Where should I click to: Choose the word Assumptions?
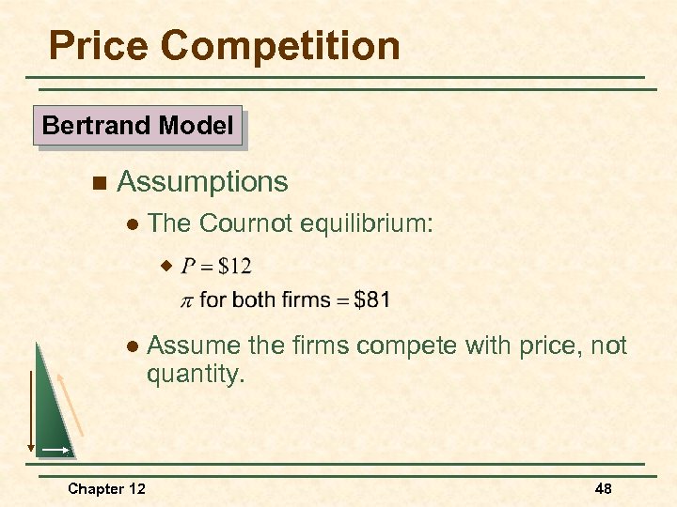coord(202,181)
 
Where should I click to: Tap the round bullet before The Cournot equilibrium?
coord(132,224)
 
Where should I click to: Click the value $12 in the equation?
coord(234,266)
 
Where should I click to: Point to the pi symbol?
coord(186,300)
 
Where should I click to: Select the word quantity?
coord(195,374)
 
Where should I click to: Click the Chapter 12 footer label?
coord(105,488)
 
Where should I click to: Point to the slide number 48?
coord(603,488)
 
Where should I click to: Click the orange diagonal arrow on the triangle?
coord(71,404)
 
